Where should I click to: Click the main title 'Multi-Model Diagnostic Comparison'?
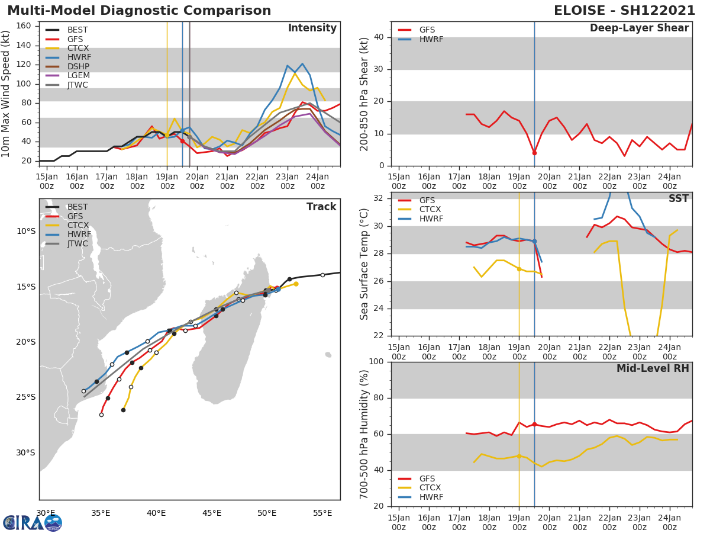139,11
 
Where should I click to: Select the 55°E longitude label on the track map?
322,513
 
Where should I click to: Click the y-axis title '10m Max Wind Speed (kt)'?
7,95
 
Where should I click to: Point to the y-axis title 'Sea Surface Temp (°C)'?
364,264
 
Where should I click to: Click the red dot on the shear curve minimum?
534,153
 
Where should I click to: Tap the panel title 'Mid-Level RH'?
653,368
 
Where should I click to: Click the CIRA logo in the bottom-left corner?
32,522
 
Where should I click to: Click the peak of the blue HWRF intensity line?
302,63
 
